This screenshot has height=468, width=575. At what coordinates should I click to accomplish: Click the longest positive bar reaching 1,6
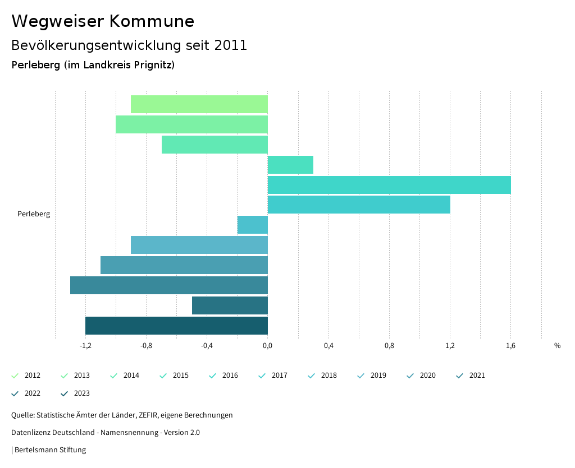click(x=389, y=185)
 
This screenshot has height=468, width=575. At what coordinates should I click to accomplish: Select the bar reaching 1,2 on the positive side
click(x=359, y=205)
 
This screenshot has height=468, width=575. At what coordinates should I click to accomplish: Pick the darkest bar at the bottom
click(x=176, y=326)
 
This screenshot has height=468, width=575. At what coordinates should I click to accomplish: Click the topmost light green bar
click(x=199, y=104)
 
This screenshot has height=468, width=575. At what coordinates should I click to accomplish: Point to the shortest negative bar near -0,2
click(x=253, y=225)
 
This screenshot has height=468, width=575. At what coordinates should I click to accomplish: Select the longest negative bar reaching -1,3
click(x=168, y=285)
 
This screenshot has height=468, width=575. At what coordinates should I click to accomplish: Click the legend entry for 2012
click(x=26, y=376)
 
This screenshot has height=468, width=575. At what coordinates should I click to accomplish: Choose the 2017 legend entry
click(x=273, y=376)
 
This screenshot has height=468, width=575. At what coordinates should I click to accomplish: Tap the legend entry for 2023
click(x=76, y=393)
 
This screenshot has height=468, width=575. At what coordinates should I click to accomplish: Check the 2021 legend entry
click(x=471, y=376)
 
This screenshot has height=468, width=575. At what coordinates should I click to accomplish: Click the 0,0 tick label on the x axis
click(x=268, y=346)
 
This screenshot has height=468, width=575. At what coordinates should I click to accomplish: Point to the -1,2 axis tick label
click(x=85, y=346)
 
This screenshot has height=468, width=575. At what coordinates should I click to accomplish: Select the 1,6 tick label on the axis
click(x=510, y=346)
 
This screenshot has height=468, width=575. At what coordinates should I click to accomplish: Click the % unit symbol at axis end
click(x=557, y=346)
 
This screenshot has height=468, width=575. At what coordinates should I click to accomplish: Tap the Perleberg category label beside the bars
click(x=34, y=214)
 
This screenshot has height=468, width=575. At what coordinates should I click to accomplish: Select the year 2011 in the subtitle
click(x=231, y=45)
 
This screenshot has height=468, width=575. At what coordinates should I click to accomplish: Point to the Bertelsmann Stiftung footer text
click(x=50, y=450)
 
